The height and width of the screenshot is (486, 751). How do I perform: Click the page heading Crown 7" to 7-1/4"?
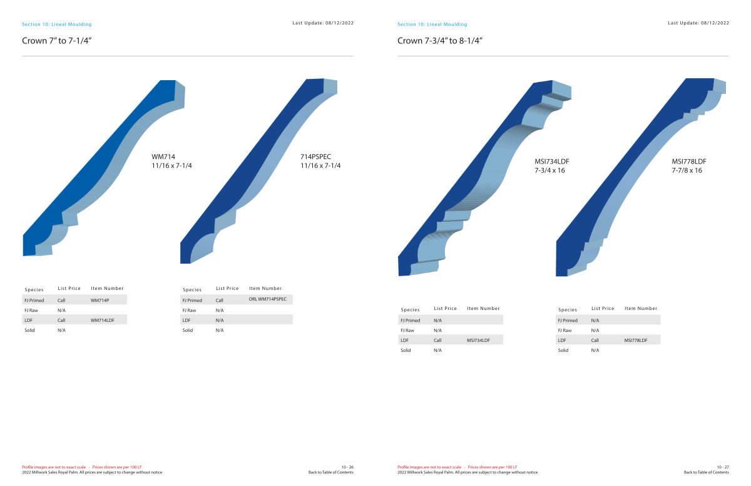[x=57, y=41]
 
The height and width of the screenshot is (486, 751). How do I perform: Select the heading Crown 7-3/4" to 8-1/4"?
[x=440, y=41]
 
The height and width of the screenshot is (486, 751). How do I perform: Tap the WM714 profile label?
[x=163, y=157]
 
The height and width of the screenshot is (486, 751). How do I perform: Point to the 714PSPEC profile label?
[x=315, y=157]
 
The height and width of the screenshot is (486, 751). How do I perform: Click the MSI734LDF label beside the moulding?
[x=551, y=162]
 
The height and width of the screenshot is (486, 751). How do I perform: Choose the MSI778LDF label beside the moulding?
[x=688, y=162]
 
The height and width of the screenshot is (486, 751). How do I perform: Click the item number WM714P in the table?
[x=100, y=300]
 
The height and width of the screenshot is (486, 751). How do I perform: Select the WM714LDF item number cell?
[x=102, y=320]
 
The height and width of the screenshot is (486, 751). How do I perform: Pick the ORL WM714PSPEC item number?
[x=268, y=299]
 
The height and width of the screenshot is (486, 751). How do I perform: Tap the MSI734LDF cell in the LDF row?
[x=478, y=340]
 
